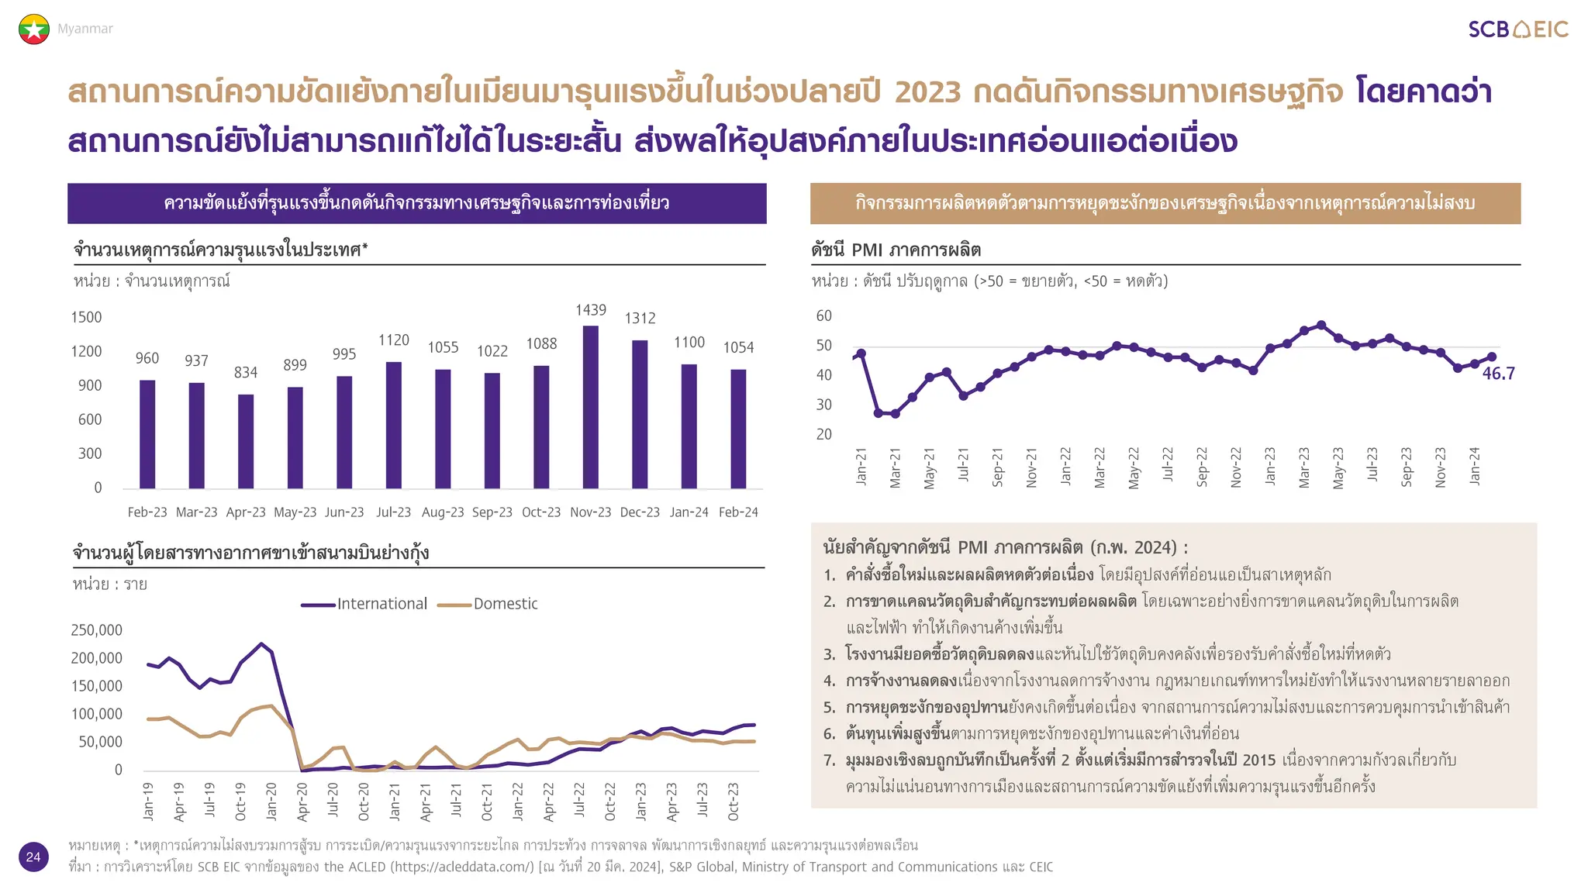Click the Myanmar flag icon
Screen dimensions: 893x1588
coord(34,29)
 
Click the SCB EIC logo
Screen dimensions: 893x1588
coord(1517,29)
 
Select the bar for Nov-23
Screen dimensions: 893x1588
coord(591,407)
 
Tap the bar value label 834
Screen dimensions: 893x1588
coord(246,373)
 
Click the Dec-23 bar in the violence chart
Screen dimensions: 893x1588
coord(640,414)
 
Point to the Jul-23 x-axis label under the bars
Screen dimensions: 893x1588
coord(393,512)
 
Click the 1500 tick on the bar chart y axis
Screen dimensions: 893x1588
coord(86,317)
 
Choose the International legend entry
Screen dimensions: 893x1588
coord(364,604)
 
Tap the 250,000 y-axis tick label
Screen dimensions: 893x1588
coord(97,630)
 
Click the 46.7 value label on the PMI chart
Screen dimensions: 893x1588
coord(1498,374)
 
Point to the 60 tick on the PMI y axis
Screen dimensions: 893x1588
coord(823,315)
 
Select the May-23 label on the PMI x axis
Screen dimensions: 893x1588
coord(1338,468)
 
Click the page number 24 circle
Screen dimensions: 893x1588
coord(33,857)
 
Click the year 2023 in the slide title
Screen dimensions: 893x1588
coord(927,92)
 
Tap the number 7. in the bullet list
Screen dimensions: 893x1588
coord(830,760)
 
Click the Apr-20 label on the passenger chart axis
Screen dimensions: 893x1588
coord(302,802)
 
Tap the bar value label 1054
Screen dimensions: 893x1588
coord(738,347)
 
